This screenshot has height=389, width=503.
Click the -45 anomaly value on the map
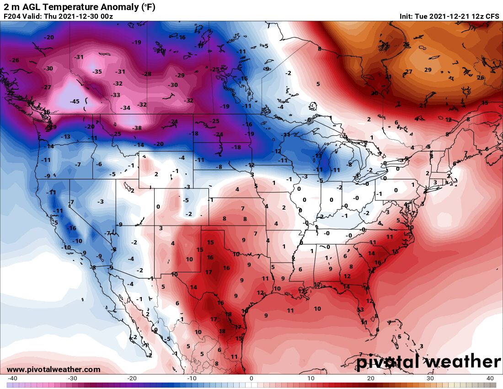point(74,102)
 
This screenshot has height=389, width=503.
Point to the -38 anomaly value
point(137,128)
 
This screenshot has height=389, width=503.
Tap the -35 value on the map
point(97,72)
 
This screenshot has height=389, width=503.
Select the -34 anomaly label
point(125,108)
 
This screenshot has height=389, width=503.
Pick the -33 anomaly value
point(116,95)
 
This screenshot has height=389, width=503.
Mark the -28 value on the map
point(147,74)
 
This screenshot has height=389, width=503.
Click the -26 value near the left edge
point(15,60)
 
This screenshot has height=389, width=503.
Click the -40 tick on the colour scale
point(13,378)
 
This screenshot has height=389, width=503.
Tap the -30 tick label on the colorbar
point(72,378)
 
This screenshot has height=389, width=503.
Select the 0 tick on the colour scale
point(251,378)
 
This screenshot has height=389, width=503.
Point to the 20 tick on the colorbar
point(371,378)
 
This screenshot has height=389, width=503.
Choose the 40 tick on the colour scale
point(490,378)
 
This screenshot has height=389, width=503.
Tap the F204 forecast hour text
point(12,16)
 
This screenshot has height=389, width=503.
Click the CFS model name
point(492,16)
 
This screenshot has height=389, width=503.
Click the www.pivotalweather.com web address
point(54,369)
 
